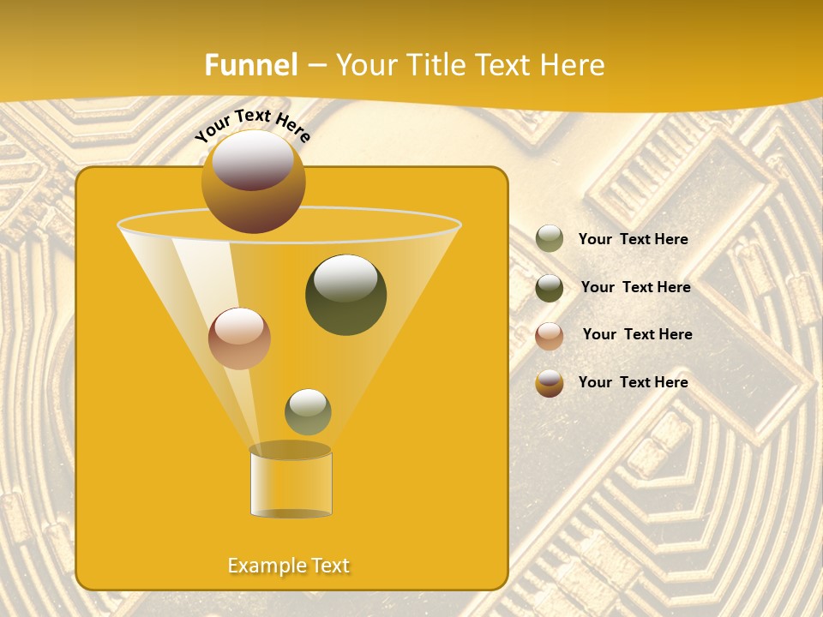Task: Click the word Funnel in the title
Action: pos(251,65)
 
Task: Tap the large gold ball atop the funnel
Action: pos(253,182)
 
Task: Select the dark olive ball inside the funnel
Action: pos(345,295)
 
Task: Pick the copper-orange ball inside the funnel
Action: pos(239,338)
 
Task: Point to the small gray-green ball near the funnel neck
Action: pos(308,412)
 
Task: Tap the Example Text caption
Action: pos(288,566)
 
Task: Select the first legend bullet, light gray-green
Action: pos(550,239)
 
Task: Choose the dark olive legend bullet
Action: pos(550,288)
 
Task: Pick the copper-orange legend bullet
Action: pos(550,336)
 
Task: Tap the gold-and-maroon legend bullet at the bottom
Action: pos(550,383)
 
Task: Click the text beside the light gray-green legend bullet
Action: pos(633,240)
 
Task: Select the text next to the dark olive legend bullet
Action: pos(635,288)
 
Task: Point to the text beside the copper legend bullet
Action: pos(637,335)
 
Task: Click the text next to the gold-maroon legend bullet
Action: pos(633,382)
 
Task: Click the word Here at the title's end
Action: pos(574,65)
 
